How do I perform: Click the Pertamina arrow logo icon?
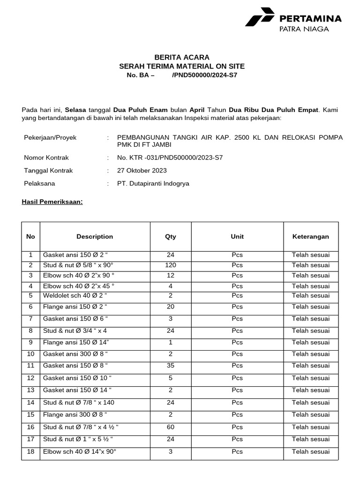[x=259, y=17]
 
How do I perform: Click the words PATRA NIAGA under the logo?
[x=304, y=29]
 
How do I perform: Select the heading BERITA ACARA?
[x=182, y=57]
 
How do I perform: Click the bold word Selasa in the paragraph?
[x=75, y=110]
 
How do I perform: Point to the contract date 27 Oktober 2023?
[x=142, y=171]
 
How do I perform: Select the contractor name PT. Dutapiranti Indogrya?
[x=153, y=184]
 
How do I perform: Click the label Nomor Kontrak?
[x=46, y=157]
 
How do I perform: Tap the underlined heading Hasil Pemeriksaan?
[x=52, y=202]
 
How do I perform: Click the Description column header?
[x=95, y=237]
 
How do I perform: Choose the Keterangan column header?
[x=311, y=237]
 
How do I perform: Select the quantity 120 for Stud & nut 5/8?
[x=170, y=265]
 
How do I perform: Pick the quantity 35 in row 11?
[x=170, y=366]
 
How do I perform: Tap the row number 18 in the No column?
[x=31, y=451]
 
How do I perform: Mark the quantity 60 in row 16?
[x=170, y=427]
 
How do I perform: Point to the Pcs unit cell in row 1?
[x=237, y=255]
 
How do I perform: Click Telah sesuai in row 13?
[x=311, y=390]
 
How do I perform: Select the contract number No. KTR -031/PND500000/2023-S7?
[x=170, y=157]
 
